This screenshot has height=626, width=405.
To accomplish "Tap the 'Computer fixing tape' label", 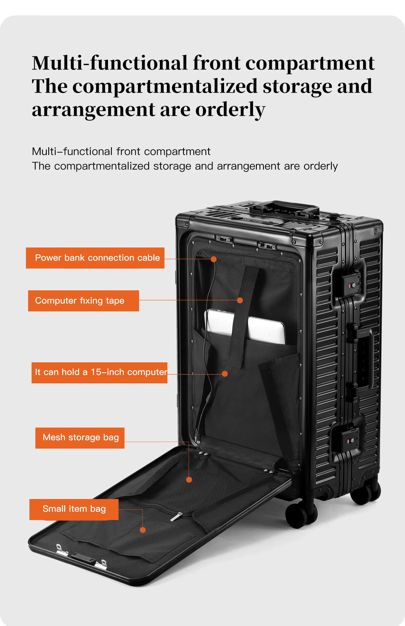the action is (83, 301).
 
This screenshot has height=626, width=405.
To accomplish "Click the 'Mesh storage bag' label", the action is (80, 438).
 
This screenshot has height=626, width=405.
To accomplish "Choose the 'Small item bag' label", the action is (74, 509).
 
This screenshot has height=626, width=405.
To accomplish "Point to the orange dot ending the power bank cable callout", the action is (214, 259).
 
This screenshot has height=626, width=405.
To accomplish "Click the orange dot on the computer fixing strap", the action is (240, 300).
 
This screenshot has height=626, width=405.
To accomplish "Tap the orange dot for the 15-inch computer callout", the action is (225, 374).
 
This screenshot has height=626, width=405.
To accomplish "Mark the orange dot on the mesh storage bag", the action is (189, 480).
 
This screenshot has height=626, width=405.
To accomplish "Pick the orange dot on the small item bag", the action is (143, 530).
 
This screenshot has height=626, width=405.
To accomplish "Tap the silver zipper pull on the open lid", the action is (176, 517).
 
